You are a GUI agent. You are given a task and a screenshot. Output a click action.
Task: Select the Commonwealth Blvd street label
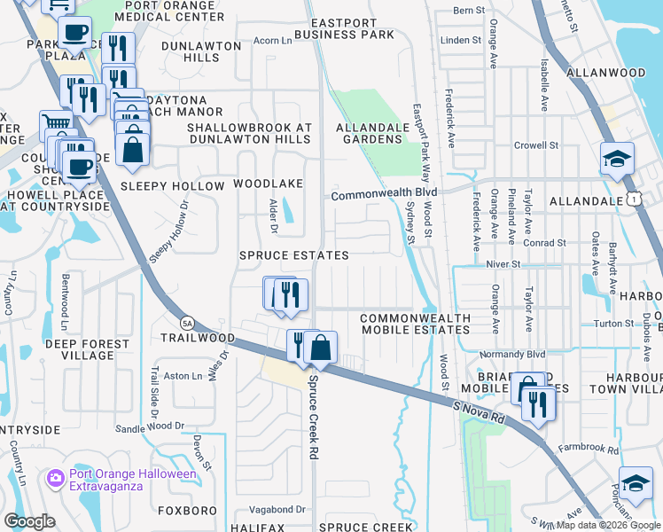(x=385, y=192)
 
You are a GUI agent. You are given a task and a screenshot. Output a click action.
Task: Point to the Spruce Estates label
(x=293, y=255)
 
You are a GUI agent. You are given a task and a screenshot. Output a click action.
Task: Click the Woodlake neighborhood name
(x=268, y=184)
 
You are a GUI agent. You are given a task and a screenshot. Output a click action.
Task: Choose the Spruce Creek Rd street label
(x=312, y=417)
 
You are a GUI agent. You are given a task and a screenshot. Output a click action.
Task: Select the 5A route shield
(x=186, y=323)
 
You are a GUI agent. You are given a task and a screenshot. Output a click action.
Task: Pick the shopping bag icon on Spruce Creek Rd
(x=321, y=348)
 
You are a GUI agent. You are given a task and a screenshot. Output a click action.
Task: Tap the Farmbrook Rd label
(x=589, y=450)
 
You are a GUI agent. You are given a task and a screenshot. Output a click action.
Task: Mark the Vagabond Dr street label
(x=277, y=510)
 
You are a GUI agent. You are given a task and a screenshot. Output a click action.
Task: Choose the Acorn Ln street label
(x=272, y=41)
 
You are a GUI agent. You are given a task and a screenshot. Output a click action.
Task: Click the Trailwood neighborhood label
(x=198, y=338)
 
